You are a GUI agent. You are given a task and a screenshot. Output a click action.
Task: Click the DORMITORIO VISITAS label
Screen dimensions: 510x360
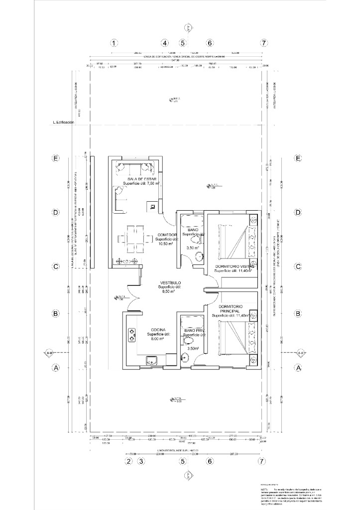[x=235, y=266]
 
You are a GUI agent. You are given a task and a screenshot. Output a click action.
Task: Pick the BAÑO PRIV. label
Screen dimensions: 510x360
[x=193, y=330]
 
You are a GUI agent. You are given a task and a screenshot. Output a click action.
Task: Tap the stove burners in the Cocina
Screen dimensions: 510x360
[x=132, y=335]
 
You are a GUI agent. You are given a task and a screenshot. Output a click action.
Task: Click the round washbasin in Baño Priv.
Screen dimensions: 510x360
[x=185, y=357]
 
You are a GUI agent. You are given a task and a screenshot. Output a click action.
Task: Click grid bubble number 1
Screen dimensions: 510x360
[x=114, y=43]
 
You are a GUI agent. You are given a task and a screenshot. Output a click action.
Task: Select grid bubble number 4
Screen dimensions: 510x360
[x=165, y=43]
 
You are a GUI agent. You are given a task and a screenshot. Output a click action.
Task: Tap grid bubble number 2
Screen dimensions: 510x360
[x=128, y=462]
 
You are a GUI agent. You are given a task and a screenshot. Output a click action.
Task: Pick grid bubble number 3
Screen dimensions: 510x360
[x=141, y=462]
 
